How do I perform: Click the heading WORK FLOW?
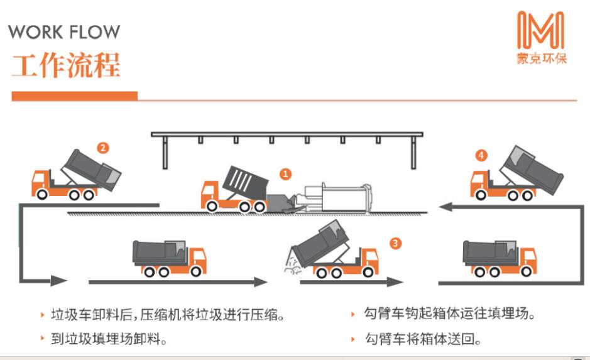coord(64,31)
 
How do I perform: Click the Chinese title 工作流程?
coord(65,65)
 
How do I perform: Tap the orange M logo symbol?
coord(540,32)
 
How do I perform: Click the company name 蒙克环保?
coord(541,58)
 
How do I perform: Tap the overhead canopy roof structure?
coord(287,136)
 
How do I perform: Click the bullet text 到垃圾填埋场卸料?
coord(107,340)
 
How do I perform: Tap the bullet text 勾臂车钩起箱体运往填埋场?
coord(450,314)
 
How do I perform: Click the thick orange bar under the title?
coord(74,96)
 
